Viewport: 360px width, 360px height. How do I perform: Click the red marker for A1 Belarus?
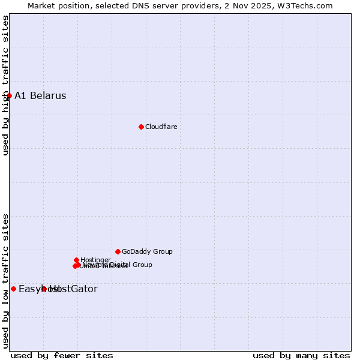(x=9, y=95)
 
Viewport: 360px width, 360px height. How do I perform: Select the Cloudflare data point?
(x=141, y=127)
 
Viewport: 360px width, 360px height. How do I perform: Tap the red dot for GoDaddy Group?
(x=118, y=251)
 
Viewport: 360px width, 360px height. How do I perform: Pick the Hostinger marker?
(x=76, y=260)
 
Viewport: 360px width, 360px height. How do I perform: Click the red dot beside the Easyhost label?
(x=13, y=289)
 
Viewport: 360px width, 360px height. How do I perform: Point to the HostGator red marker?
(x=44, y=289)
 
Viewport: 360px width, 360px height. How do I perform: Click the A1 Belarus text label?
(x=40, y=95)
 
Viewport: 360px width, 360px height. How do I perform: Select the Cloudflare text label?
(x=161, y=127)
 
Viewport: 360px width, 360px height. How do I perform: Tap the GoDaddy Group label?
(x=147, y=251)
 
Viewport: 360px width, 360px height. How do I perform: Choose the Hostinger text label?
(x=95, y=260)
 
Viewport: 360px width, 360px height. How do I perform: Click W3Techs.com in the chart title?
(x=304, y=5)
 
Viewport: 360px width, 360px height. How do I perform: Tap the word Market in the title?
(x=42, y=5)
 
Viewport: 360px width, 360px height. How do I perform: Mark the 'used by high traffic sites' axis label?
(x=5, y=85)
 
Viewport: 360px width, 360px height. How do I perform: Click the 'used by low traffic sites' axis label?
(x=5, y=280)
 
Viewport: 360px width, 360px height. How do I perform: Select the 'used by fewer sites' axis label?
(x=62, y=355)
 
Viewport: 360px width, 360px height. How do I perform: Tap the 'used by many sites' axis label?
(x=301, y=355)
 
